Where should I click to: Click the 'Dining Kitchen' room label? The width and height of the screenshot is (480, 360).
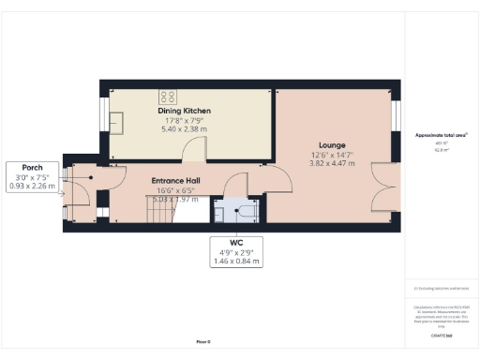[184, 111]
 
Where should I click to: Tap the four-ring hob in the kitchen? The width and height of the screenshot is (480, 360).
[170, 95]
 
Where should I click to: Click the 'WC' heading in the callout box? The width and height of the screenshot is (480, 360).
[235, 243]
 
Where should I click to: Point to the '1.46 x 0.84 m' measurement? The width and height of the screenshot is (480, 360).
[235, 260]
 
